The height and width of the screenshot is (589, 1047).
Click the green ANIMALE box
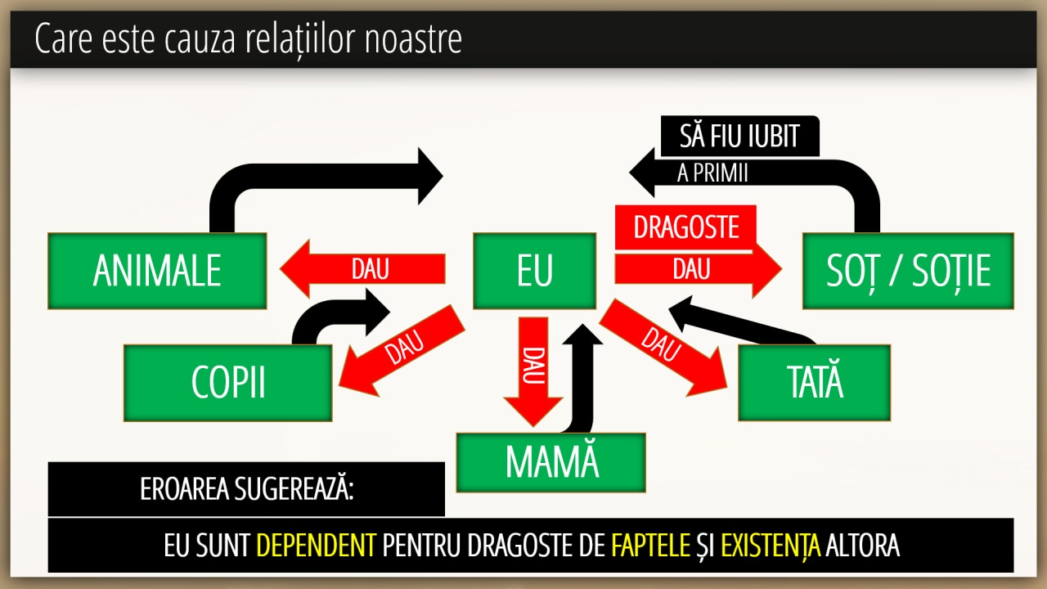(x=157, y=271)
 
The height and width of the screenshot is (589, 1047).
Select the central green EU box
(x=535, y=271)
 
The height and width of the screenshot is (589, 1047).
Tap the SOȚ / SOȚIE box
(x=908, y=271)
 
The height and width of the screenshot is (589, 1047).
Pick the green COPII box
(x=228, y=382)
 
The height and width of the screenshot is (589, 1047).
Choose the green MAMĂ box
(x=551, y=462)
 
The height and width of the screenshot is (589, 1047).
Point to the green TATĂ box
(x=814, y=382)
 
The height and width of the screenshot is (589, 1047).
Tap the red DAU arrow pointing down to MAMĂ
(x=532, y=368)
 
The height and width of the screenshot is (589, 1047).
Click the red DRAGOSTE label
(x=685, y=227)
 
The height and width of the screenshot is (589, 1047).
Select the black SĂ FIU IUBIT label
(x=739, y=136)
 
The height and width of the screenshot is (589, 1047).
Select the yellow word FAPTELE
(x=650, y=545)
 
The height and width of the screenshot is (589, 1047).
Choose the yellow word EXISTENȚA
(x=771, y=545)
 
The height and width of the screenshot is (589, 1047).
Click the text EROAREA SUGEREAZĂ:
(x=246, y=489)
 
